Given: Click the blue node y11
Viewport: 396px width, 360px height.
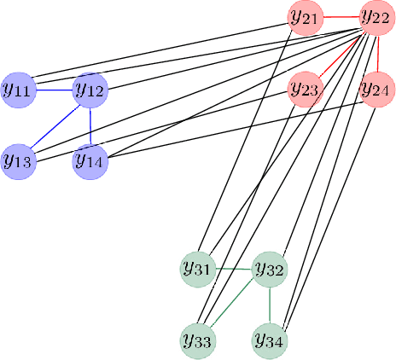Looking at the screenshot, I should pos(18,88).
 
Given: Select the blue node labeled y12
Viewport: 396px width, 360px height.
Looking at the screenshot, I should pos(90,88).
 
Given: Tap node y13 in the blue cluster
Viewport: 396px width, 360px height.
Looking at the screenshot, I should pos(18,160).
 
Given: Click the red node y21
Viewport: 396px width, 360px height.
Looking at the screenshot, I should pos(305,16).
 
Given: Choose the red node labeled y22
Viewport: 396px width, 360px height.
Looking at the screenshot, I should pos(376,16).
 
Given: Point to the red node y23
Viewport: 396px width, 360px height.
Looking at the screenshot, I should pos(305,88).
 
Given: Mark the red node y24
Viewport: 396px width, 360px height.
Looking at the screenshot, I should pos(376,88).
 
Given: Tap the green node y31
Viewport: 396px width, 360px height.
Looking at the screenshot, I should pos(198,269).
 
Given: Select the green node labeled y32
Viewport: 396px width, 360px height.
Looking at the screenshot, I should pos(270,270).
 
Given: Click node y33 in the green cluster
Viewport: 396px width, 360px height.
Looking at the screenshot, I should pos(198,340).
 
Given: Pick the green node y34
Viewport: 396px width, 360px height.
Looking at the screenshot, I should pos(270,340).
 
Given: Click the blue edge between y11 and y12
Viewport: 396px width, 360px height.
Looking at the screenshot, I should pos(54,88).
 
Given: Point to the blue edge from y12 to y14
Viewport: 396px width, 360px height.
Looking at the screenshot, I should pos(90,124).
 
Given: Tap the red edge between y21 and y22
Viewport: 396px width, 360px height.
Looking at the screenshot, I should pos(341,16).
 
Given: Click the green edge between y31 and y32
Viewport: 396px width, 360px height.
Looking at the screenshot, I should pos(234,270).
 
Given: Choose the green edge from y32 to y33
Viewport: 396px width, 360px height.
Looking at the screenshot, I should pos(234,305).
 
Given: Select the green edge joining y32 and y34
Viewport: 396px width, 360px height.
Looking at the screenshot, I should pos(270,305).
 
